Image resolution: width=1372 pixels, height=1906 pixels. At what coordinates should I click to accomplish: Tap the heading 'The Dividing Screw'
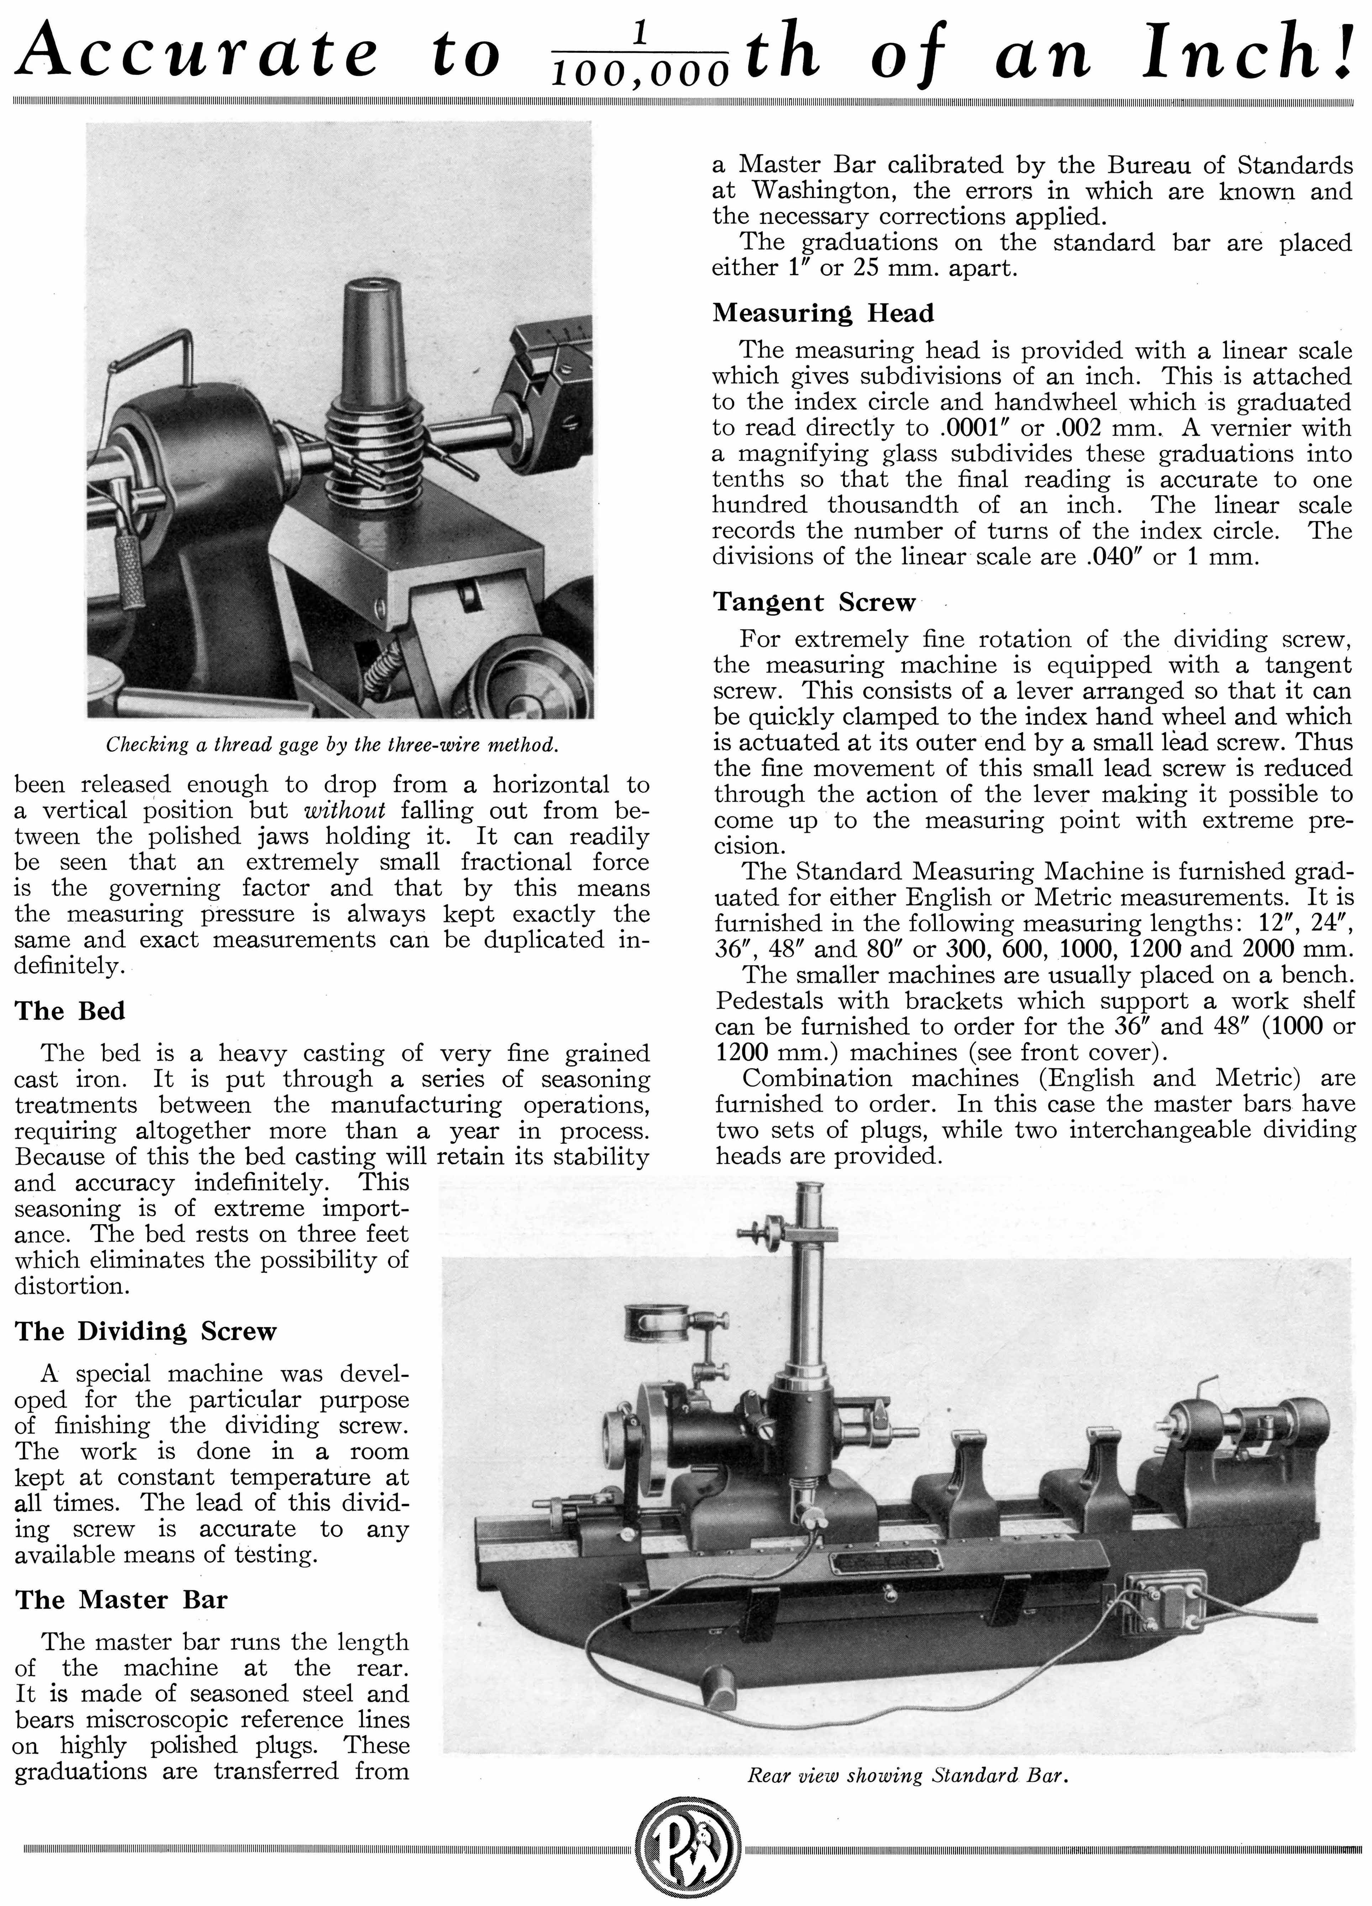coord(146,1331)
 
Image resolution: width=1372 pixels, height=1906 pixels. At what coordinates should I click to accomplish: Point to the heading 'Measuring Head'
coord(823,313)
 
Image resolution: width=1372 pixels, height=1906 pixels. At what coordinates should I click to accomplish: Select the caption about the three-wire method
coord(332,745)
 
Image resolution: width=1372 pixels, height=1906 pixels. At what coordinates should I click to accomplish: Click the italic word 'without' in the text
coord(345,811)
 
